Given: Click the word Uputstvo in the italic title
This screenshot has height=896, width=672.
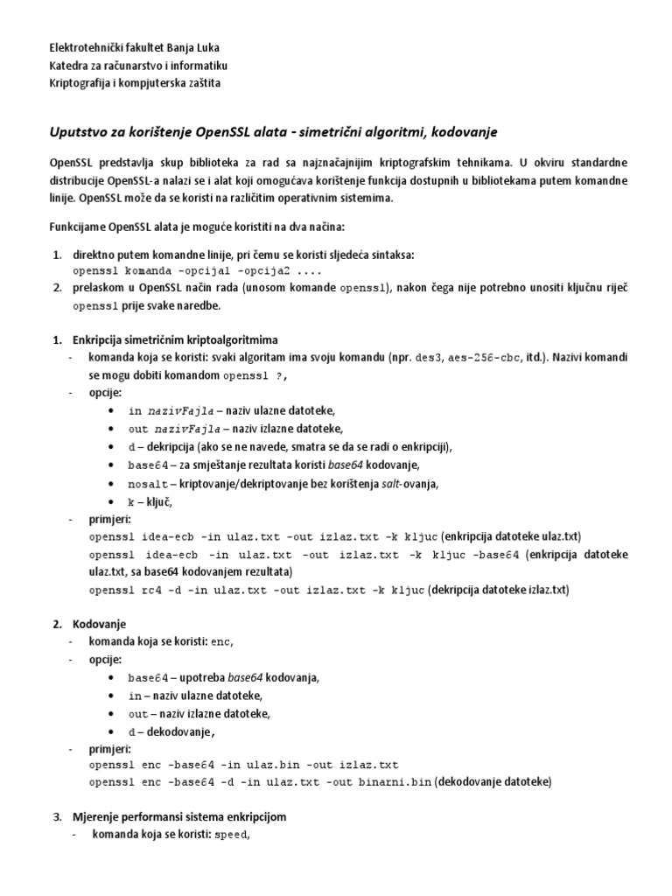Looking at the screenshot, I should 81,131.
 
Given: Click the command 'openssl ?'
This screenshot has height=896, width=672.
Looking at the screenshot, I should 255,375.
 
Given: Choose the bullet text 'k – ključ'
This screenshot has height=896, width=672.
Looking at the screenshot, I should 150,501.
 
